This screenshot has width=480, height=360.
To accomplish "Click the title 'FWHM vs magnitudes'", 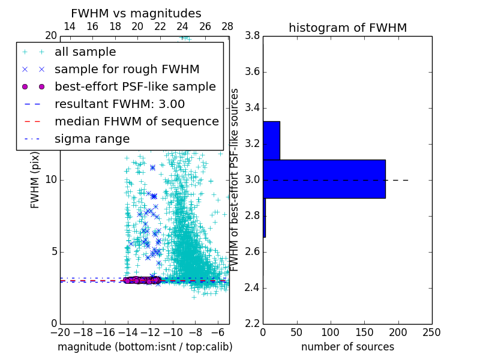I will coord(136,14).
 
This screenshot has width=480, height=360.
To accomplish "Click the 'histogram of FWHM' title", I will coord(347,28).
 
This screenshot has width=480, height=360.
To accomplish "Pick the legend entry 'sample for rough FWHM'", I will coord(127,70).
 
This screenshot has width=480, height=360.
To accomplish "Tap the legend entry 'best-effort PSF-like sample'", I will coord(135,87).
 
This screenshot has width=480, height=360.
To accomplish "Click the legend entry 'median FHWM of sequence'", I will coord(136,122).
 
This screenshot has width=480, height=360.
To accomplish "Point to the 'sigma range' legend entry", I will coord(92,139).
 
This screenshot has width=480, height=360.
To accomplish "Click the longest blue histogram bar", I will coord(324,179).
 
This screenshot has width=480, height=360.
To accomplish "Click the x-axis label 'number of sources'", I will coord(347,347).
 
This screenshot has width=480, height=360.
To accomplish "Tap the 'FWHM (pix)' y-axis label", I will coord(35,179).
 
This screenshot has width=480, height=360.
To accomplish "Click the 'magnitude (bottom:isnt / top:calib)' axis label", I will coord(145,347).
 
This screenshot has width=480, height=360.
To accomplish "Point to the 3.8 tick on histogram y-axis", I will coord(252,36).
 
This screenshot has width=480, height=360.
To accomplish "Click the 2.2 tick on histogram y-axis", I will coord(252,324).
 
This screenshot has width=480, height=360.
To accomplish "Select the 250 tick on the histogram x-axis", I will coord(431,332).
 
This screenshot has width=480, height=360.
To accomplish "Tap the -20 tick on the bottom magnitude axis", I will coord(60,332).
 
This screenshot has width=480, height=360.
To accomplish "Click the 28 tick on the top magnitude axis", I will coord(227,26).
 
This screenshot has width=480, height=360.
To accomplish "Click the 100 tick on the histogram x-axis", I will coord(331,332).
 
